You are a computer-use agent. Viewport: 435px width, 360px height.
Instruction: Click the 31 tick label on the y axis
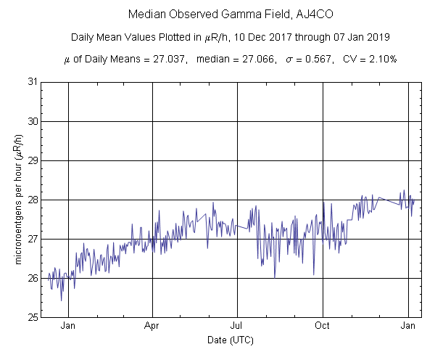point(33,82)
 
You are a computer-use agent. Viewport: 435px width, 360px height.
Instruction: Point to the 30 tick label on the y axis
point(33,121)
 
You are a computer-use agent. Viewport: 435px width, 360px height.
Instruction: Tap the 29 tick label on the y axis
point(33,160)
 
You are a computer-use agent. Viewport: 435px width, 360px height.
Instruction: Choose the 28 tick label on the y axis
point(33,200)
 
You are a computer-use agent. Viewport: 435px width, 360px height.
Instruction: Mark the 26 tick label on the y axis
point(33,278)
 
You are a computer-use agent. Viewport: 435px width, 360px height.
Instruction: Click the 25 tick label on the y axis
point(33,317)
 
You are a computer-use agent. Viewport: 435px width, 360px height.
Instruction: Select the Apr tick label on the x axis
point(152,326)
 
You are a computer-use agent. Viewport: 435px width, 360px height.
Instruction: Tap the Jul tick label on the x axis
point(237,326)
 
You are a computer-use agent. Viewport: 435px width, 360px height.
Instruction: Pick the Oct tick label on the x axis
point(323,326)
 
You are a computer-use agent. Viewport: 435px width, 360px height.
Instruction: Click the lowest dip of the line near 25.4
point(62,300)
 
